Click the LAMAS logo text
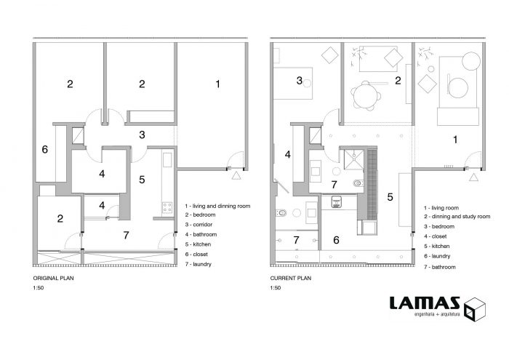pyautogui.click(x=425, y=303)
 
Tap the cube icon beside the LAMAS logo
pyautogui.click(x=475, y=309)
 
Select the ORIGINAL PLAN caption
pyautogui.click(x=53, y=279)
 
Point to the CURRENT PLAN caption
pyautogui.click(x=291, y=279)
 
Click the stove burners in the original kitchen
pyautogui.click(x=167, y=207)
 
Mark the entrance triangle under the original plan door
pyautogui.click(x=236, y=176)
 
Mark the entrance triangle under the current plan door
pyautogui.click(x=473, y=177)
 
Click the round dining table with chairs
pyautogui.click(x=366, y=95)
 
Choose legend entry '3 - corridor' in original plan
pyautogui.click(x=199, y=225)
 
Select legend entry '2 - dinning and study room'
pyautogui.click(x=457, y=217)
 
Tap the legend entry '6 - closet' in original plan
pyautogui.click(x=196, y=254)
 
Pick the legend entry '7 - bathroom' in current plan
pyautogui.click(x=439, y=267)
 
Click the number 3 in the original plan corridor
pyautogui.click(x=142, y=135)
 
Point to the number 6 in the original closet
pyautogui.click(x=45, y=149)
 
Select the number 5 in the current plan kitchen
pyautogui.click(x=390, y=196)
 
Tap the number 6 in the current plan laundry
pyautogui.click(x=336, y=240)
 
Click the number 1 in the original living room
pyautogui.click(x=218, y=84)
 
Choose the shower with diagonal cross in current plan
pyautogui.click(x=354, y=159)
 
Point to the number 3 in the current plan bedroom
pyautogui.click(x=300, y=81)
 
